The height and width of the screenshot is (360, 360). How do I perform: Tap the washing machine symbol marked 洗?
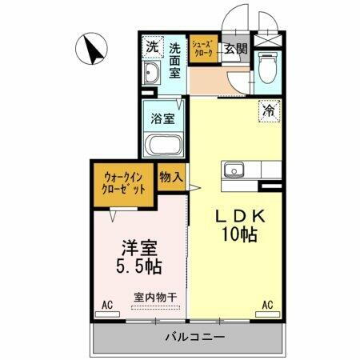pyautogui.click(x=152, y=47)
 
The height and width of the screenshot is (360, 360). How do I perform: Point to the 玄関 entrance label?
pyautogui.click(x=235, y=48)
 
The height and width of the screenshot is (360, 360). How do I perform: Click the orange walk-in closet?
pyautogui.click(x=123, y=184)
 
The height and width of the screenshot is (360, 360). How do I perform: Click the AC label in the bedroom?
pyautogui.click(x=106, y=305)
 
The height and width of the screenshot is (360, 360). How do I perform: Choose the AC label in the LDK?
pyautogui.click(x=267, y=305)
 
